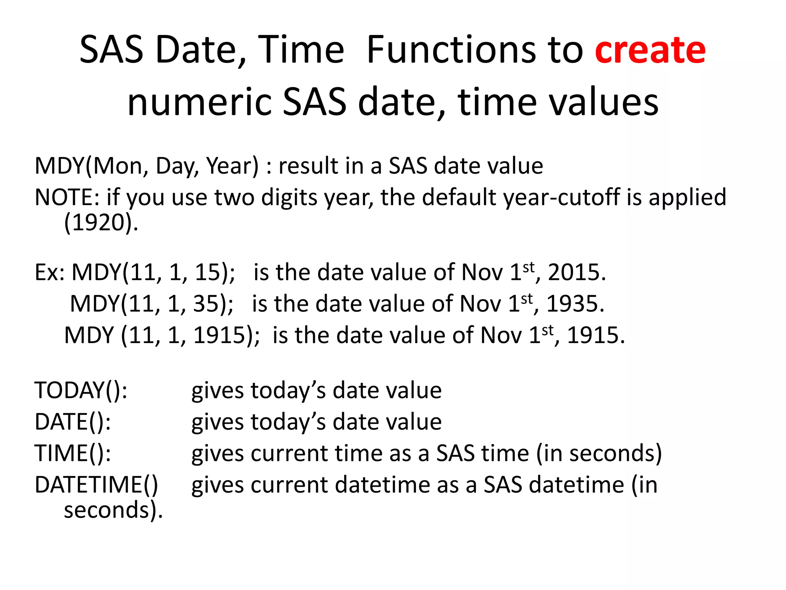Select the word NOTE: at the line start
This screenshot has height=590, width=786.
click(x=68, y=197)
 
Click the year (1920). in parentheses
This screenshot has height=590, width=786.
click(x=101, y=223)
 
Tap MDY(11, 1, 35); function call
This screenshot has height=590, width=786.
click(x=152, y=304)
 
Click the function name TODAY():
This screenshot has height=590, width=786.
click(x=81, y=391)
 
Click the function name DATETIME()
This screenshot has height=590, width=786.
click(x=96, y=485)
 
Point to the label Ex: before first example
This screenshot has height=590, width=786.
click(x=50, y=272)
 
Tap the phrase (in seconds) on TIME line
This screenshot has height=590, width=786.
click(x=599, y=454)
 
